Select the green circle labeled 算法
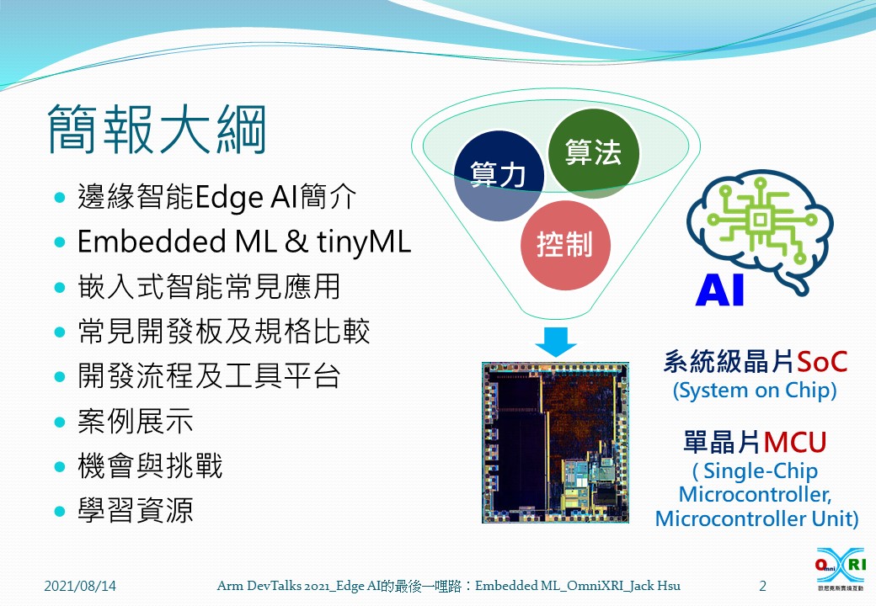tap(593, 153)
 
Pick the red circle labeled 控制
tap(564, 244)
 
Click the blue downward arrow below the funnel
tap(555, 341)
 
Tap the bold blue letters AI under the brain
tap(720, 291)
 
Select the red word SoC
tap(821, 362)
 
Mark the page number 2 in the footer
tap(762, 586)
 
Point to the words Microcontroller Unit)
tap(756, 518)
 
